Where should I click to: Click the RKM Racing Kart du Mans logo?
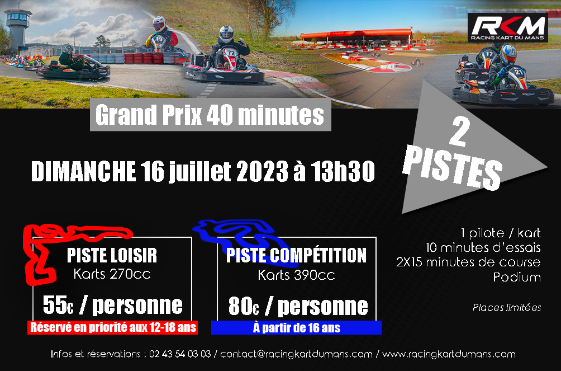[508, 27]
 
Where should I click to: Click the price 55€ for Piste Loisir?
[58, 305]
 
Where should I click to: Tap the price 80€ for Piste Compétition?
[244, 306]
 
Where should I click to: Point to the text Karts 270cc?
[112, 274]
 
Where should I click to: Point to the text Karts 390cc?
[296, 275]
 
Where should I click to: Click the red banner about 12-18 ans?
[113, 327]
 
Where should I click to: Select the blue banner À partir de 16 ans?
[296, 327]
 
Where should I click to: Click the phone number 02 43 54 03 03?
[180, 354]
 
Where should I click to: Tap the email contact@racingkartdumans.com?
[296, 354]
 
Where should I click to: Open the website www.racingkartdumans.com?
[449, 354]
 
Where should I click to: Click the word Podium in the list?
[517, 277]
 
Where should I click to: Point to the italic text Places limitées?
[507, 308]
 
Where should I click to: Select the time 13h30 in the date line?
[343, 171]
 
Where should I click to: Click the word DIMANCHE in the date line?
[83, 171]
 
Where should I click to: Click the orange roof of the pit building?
[356, 34]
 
